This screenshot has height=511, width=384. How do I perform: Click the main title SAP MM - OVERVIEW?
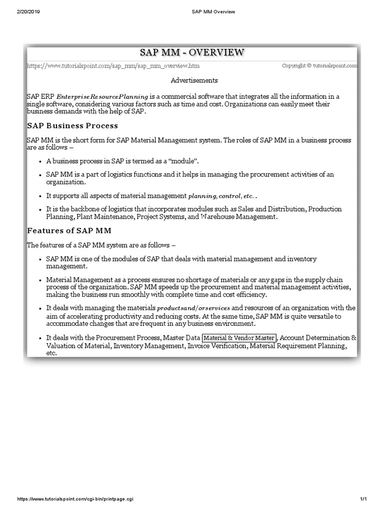(x=192, y=52)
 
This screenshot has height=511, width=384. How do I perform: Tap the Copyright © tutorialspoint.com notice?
(x=319, y=65)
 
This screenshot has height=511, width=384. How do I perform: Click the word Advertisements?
(x=194, y=80)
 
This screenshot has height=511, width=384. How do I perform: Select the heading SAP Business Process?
(x=72, y=125)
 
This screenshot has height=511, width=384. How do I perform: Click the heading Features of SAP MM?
(x=69, y=231)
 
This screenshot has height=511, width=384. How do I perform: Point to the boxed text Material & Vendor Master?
(x=239, y=338)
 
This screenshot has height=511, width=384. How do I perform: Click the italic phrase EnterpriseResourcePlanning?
(x=102, y=96)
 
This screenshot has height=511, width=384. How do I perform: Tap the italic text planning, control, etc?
(x=222, y=196)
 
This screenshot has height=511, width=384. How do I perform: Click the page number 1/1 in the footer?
(x=363, y=500)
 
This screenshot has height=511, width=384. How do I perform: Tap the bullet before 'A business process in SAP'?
(x=40, y=161)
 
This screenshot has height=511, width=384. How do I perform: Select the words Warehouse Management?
(x=237, y=217)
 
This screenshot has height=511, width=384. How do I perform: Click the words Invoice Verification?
(x=217, y=345)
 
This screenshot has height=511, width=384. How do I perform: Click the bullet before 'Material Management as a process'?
(x=40, y=280)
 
